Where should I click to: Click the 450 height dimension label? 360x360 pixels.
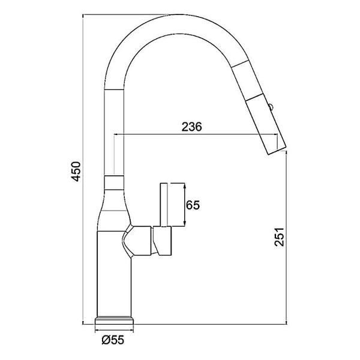(x=75, y=170)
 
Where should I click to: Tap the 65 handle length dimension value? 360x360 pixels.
(x=193, y=205)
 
